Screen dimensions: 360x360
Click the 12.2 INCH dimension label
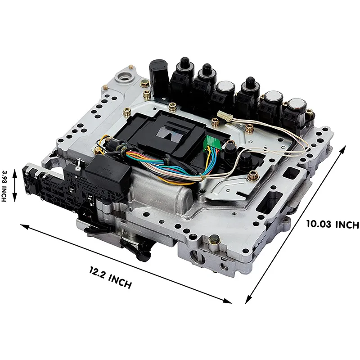[110, 278]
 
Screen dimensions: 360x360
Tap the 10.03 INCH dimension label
[333, 224]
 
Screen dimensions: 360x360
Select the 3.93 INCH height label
[4, 186]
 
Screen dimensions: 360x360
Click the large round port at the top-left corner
[125, 77]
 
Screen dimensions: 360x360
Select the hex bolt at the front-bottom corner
[214, 240]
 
